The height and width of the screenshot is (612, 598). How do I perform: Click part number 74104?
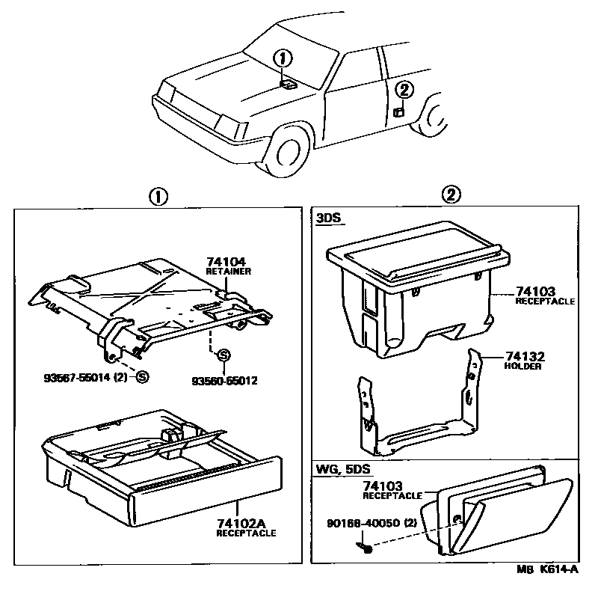pos(225,262)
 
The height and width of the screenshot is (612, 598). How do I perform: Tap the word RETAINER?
pos(228,271)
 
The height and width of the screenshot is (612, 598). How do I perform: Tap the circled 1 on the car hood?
pos(282,58)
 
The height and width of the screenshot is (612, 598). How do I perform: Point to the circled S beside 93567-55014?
pos(141,377)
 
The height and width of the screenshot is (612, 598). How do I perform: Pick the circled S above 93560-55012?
pos(222,355)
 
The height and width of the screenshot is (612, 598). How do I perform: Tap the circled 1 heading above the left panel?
pos(157,196)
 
